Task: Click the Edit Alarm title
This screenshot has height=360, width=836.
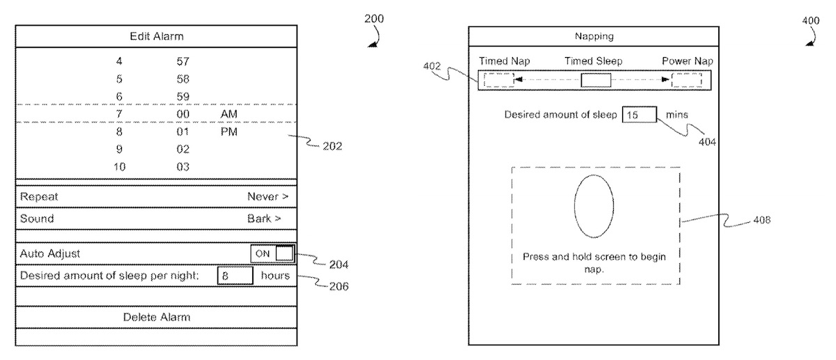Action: click(x=157, y=36)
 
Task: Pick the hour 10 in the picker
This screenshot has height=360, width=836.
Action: click(x=119, y=166)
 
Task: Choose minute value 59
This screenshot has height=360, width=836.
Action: click(x=183, y=96)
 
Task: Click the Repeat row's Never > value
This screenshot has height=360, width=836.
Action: click(x=268, y=197)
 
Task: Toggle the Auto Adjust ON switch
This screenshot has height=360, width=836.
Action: click(x=273, y=253)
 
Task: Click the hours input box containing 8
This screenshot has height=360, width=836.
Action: click(x=234, y=276)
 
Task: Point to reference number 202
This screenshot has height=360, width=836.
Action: click(x=332, y=147)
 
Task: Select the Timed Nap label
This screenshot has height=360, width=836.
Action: click(x=504, y=61)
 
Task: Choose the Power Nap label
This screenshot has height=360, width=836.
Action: click(x=687, y=61)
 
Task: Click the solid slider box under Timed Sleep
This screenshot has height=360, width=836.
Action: click(x=596, y=80)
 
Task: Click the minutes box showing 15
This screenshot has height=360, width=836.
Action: click(x=640, y=115)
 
